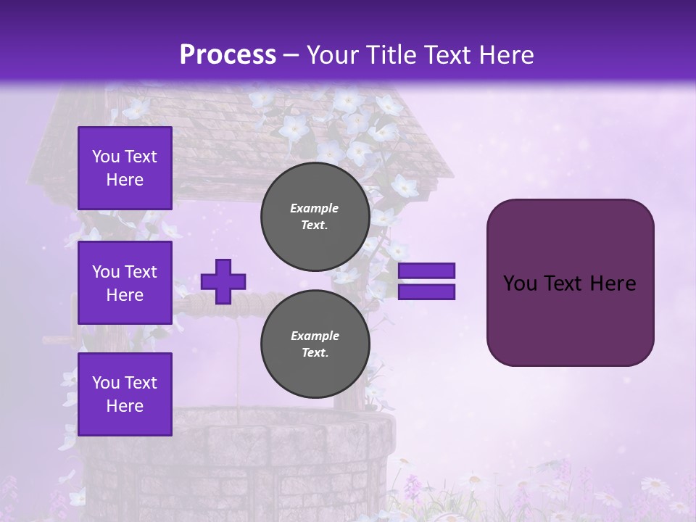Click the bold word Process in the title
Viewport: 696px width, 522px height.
228,55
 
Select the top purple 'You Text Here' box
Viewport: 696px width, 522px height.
125,168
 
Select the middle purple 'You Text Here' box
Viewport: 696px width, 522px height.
125,283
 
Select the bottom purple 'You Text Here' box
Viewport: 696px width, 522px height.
125,394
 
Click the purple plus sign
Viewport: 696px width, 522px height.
223,281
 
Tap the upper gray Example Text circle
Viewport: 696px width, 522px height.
315,216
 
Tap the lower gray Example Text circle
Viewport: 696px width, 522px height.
315,344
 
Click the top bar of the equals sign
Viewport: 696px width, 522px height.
426,271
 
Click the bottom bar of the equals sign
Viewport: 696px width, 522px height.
426,292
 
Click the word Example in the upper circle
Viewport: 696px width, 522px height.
315,208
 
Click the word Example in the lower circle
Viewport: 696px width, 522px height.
315,336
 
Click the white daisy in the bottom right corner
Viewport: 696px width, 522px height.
656,486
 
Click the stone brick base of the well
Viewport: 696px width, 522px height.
239,464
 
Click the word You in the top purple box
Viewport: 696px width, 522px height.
106,157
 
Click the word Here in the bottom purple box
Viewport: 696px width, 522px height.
125,406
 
